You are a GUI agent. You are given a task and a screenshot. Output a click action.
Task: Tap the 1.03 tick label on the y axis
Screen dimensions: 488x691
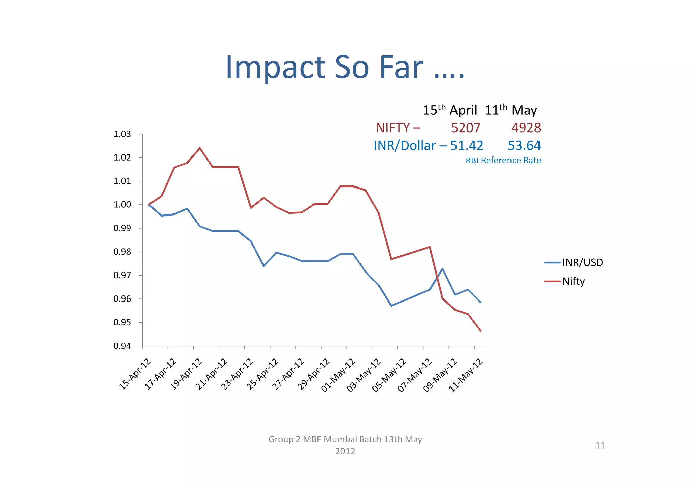(122, 134)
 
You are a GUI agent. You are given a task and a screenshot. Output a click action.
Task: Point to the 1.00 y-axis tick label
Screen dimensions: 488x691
(122, 205)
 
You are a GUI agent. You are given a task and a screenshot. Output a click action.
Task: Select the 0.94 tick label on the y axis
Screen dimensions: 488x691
(122, 346)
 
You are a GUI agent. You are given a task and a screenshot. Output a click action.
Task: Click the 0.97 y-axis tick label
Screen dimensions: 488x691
(122, 276)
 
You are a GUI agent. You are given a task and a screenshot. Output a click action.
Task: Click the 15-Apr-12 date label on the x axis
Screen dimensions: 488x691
(135, 374)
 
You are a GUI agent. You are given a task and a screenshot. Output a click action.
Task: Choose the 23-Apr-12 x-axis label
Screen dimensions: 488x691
(237, 374)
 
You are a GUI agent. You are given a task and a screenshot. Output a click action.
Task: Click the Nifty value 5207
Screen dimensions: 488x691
(466, 128)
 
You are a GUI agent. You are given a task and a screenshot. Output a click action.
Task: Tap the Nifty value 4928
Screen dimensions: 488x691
(526, 128)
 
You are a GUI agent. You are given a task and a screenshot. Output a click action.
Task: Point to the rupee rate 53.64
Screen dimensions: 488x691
(524, 146)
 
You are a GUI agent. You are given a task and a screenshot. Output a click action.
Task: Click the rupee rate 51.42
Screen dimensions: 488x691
(467, 146)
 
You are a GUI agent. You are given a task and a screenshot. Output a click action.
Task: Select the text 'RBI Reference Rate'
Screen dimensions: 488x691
(503, 161)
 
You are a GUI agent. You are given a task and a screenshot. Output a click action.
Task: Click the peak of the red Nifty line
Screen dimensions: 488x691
(200, 148)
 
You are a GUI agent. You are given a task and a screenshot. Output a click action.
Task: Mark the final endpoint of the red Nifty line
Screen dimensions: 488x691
(480, 331)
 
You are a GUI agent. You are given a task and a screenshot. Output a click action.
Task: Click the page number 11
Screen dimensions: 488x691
(600, 446)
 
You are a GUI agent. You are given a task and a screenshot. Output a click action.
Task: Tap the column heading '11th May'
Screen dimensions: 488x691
(510, 110)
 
